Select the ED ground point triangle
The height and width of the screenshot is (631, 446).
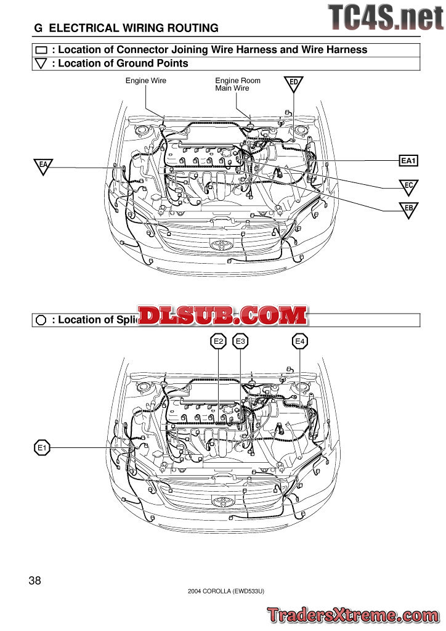[x=294, y=83]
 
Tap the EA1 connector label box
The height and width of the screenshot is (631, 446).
[x=409, y=161]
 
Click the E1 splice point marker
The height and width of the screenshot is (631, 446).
[x=42, y=448]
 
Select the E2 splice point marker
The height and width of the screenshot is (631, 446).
[x=219, y=341]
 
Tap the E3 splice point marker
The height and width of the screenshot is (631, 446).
[x=240, y=341]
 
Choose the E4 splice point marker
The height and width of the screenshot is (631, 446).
[x=300, y=341]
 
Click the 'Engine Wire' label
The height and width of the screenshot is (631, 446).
[x=146, y=81]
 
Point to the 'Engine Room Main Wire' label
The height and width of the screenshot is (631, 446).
[x=237, y=84]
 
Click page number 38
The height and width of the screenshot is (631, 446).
[x=34, y=580]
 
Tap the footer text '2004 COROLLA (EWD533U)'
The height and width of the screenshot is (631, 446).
[x=226, y=592]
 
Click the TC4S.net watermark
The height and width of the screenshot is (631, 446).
[x=385, y=17]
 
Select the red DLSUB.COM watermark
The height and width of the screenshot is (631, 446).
[x=222, y=316]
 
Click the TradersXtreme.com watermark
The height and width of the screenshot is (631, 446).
[x=353, y=614]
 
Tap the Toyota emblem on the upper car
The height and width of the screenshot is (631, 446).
[x=219, y=245]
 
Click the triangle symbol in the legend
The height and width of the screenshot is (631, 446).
[x=42, y=63]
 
